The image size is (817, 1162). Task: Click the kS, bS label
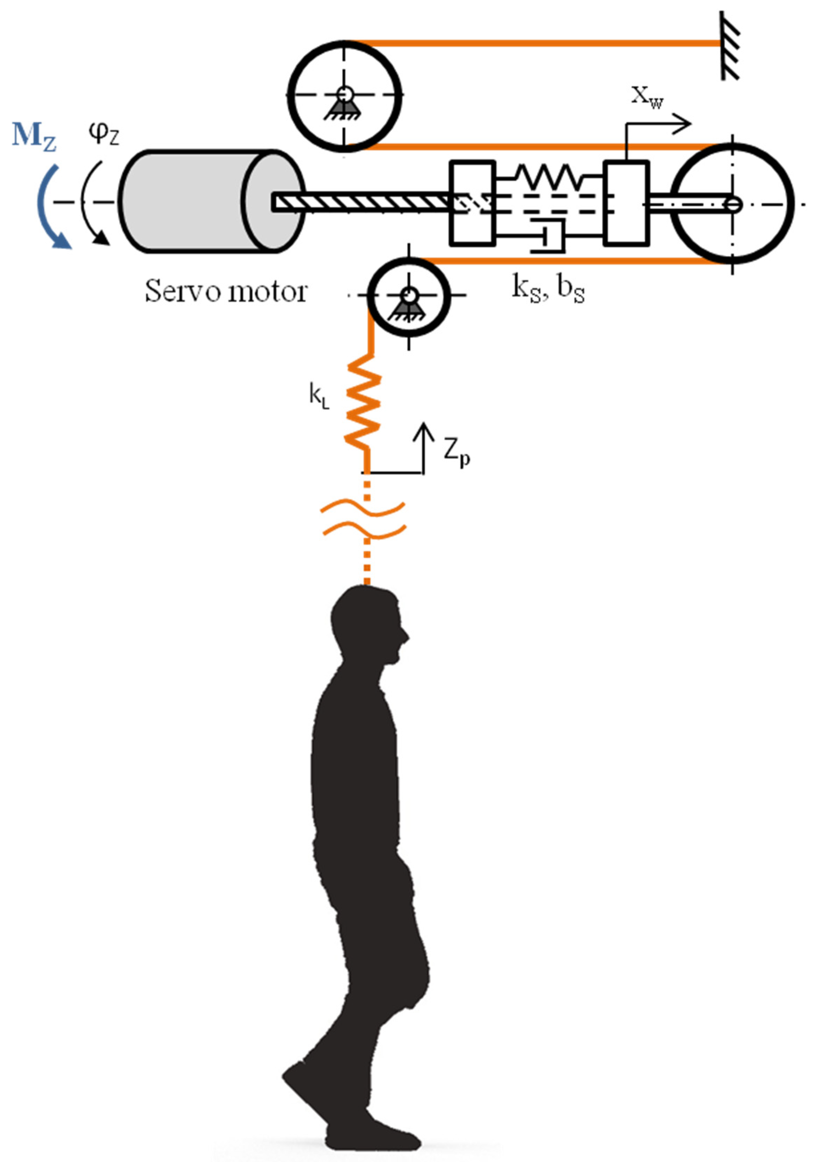click(548, 290)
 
